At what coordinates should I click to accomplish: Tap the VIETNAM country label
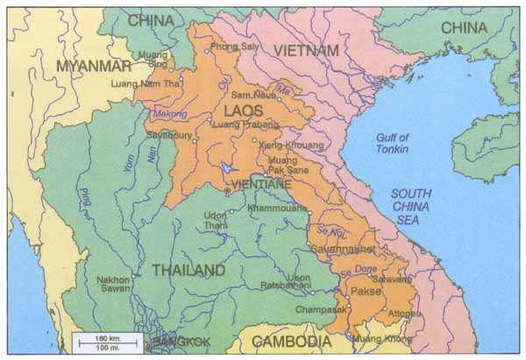click(x=306, y=51)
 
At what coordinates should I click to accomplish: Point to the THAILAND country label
click(x=188, y=270)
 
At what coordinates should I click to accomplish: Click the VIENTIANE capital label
click(x=261, y=184)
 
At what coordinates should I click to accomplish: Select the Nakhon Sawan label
click(x=115, y=286)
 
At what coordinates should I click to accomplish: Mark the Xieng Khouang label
click(x=290, y=145)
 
